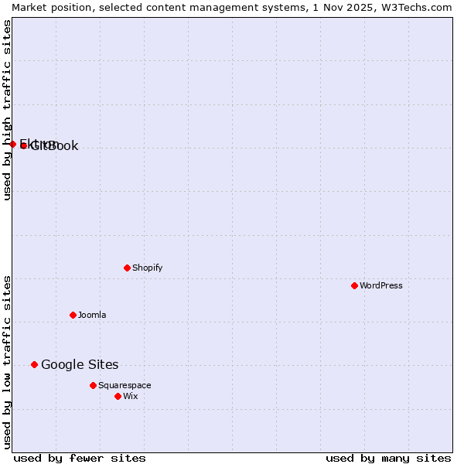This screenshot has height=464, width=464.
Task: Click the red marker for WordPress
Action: click(354, 285)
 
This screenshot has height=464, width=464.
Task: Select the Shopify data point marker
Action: click(127, 268)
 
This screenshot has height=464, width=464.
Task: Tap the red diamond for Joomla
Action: click(73, 315)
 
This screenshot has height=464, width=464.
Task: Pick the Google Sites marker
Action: click(34, 364)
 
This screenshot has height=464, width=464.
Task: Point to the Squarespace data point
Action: click(93, 385)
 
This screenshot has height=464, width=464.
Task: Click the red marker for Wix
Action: click(118, 396)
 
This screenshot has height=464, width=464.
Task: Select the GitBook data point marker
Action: click(23, 145)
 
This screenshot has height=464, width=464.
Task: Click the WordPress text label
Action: click(380, 285)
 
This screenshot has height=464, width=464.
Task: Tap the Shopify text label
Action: click(147, 268)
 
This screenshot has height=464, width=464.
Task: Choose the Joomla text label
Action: click(92, 315)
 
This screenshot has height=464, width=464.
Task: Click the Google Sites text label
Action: click(80, 364)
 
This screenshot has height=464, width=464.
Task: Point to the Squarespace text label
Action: click(125, 385)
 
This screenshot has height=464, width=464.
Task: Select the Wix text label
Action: click(130, 396)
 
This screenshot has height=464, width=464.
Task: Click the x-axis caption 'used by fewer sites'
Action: click(80, 458)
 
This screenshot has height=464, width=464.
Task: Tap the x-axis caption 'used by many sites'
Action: click(388, 458)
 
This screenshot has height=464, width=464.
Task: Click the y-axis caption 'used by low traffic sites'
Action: click(7, 361)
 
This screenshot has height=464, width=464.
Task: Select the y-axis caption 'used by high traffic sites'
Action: click(7, 110)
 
